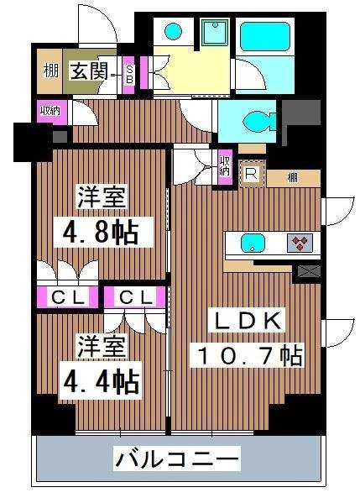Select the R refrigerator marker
coord(251,174)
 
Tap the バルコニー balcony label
coord(177,459)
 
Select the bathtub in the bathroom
coord(264,38)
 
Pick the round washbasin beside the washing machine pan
coord(173,32)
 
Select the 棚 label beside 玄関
coord(50,71)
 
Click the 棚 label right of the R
coord(291,177)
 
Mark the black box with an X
coord(308,271)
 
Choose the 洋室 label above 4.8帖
coord(103,199)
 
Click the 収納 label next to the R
coord(224,165)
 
